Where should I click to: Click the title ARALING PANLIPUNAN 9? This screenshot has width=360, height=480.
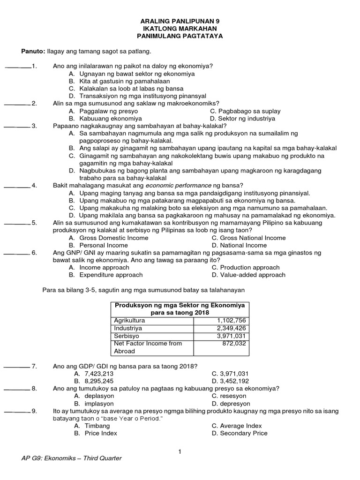click(x=180, y=21)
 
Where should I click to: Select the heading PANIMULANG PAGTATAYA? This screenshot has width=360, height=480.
click(x=180, y=36)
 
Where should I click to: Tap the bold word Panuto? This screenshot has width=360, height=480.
click(x=32, y=51)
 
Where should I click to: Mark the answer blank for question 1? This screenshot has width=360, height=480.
click(x=18, y=66)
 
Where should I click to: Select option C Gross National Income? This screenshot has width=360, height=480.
click(x=244, y=238)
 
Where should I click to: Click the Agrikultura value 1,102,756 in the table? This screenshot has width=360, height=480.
click(x=231, y=321)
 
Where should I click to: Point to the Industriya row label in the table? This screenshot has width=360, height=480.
click(x=127, y=328)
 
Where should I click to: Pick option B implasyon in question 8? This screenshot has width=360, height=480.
click(x=94, y=403)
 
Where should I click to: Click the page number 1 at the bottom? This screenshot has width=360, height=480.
click(x=180, y=451)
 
